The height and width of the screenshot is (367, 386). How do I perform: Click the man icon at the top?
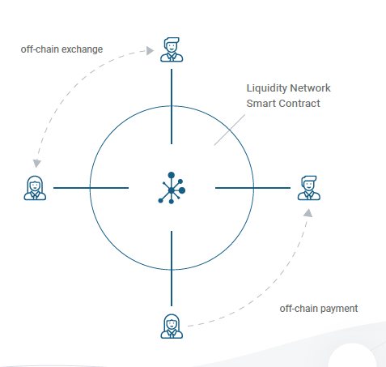pos(172,49)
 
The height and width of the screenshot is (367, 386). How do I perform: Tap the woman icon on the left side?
pos(35,188)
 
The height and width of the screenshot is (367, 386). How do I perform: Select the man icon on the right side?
pos(309,188)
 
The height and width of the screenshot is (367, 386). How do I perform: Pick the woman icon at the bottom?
pos(172,326)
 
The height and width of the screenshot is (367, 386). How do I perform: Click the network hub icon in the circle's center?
pos(172,188)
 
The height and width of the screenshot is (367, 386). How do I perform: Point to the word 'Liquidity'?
pos(267,88)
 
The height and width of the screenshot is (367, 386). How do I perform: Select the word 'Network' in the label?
pos(310,88)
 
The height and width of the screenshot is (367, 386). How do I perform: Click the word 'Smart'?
pos(261,104)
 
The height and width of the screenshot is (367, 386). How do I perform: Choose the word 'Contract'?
pos(299,104)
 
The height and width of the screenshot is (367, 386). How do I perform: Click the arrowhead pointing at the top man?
pos(150,50)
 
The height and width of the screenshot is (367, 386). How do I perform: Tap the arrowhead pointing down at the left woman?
pos(36,163)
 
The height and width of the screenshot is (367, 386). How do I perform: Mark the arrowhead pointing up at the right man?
pos(308,213)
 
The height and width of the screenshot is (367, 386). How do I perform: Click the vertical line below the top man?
pos(172,106)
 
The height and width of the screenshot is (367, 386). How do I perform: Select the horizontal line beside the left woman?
pos(91,188)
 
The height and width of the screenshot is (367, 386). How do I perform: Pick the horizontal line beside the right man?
pos(252,188)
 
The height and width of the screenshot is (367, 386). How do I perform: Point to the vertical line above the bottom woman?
pos(172,268)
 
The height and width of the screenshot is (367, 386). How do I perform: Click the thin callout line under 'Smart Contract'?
pos(230,130)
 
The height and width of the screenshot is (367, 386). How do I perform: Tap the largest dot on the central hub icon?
pos(182,190)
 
